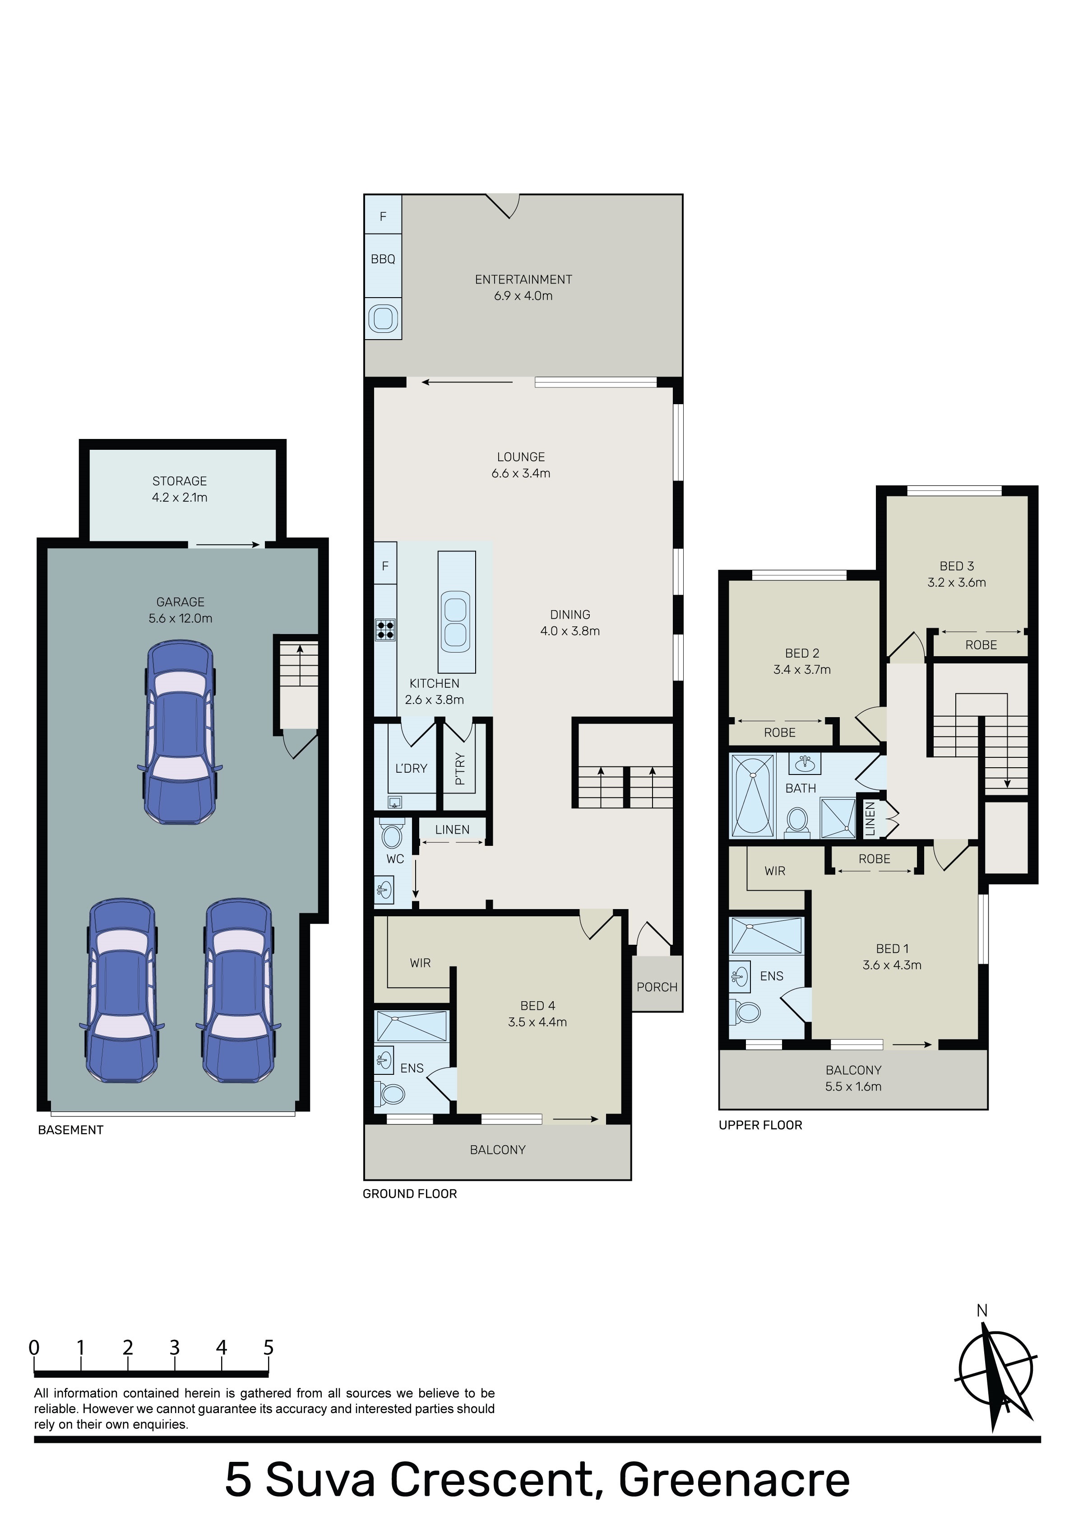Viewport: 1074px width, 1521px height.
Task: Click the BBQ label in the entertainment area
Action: [383, 259]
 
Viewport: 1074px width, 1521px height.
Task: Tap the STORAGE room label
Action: [180, 481]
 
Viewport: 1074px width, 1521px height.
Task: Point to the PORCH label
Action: [657, 987]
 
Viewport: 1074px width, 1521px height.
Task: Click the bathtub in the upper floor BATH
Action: [752, 796]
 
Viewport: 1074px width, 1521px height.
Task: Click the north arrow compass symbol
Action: [995, 1372]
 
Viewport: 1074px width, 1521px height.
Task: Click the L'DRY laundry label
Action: [411, 769]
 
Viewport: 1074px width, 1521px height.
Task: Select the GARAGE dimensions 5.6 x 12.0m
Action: [180, 619]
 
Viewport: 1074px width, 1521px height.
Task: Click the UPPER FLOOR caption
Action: [760, 1125]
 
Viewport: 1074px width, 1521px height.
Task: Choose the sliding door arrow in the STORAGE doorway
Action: [228, 545]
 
